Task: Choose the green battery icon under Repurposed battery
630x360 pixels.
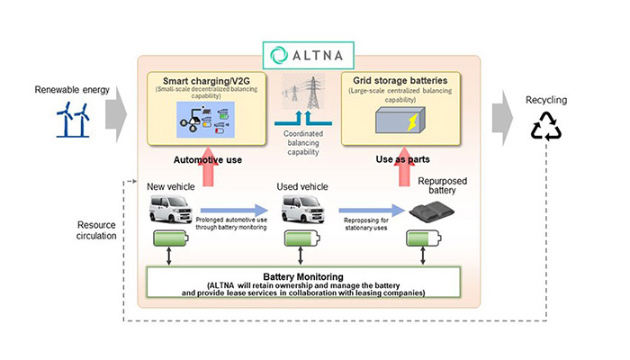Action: click(426, 241)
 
